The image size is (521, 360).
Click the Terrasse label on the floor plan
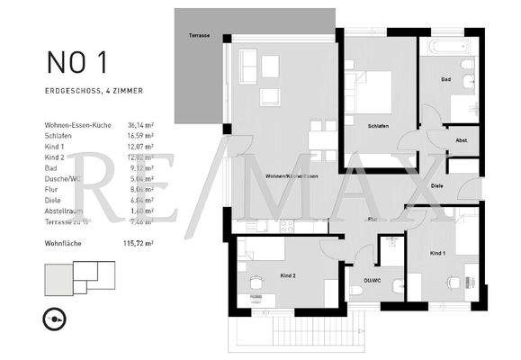pos(199,35)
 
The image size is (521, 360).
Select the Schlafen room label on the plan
pos(378,126)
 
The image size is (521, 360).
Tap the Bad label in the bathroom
pos(445,79)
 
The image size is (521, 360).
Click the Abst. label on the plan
pos(461,140)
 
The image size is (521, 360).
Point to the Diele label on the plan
pos(436,185)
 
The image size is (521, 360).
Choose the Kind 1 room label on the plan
pos(438,254)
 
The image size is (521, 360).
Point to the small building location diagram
pos(81,271)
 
